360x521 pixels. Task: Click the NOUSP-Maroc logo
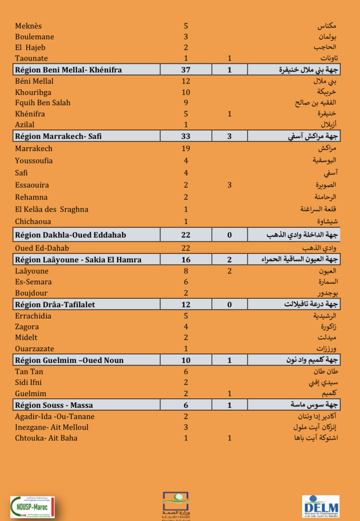pos(32,507)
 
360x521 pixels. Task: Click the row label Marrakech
pos(33,148)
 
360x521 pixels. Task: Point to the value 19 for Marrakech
pos(186,148)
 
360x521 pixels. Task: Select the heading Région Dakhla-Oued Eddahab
pos(71,235)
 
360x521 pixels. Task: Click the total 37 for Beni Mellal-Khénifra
pos(186,70)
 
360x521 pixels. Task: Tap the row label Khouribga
pos(33,92)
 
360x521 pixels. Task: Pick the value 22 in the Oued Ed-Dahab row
pos(186,248)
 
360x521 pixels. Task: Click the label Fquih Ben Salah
pos(43,103)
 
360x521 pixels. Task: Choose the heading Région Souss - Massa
pos(54,405)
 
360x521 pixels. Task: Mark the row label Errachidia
pos(33,316)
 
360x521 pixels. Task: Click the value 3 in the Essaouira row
pos(229,185)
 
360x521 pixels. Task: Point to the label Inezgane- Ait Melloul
pos(52,427)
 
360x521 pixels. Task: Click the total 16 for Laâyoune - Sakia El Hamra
pos(186,260)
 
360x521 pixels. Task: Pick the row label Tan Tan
pos(29,371)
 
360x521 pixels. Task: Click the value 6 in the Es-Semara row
pos(186,282)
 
